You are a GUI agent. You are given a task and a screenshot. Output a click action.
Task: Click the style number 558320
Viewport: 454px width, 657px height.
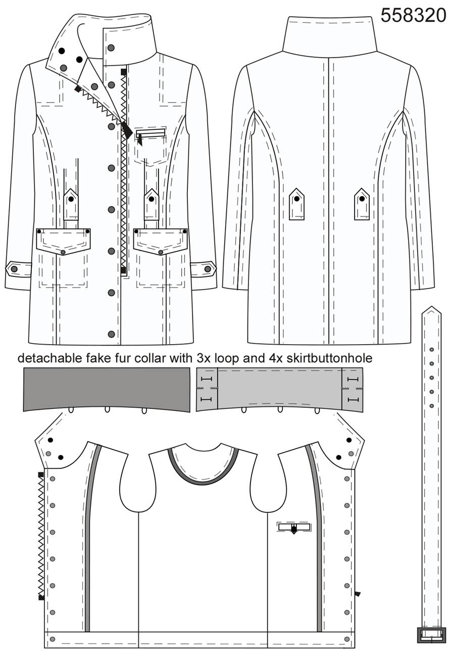coord(413,15)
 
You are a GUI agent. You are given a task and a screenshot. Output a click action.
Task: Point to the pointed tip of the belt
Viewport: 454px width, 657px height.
coord(431,306)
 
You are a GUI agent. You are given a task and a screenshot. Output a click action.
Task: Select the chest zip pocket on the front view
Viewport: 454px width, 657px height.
coord(150,133)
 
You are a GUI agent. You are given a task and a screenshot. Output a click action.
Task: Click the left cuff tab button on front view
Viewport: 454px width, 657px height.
coord(14,269)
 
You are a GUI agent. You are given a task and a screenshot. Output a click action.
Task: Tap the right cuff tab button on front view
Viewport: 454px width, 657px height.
coord(208,269)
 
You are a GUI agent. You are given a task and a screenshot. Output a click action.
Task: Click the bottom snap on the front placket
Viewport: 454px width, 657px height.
coord(111,334)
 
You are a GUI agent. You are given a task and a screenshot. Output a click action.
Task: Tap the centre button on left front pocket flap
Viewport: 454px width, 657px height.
coord(63,252)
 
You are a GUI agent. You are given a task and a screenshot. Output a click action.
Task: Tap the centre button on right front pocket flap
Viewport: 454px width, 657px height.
coord(160,252)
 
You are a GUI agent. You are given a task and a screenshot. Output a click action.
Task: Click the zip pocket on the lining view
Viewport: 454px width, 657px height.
coord(294,527)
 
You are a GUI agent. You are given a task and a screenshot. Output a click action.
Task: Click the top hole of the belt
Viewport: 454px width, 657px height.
coord(431,350)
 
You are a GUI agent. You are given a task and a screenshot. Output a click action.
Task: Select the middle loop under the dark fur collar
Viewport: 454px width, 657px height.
coord(107,409)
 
